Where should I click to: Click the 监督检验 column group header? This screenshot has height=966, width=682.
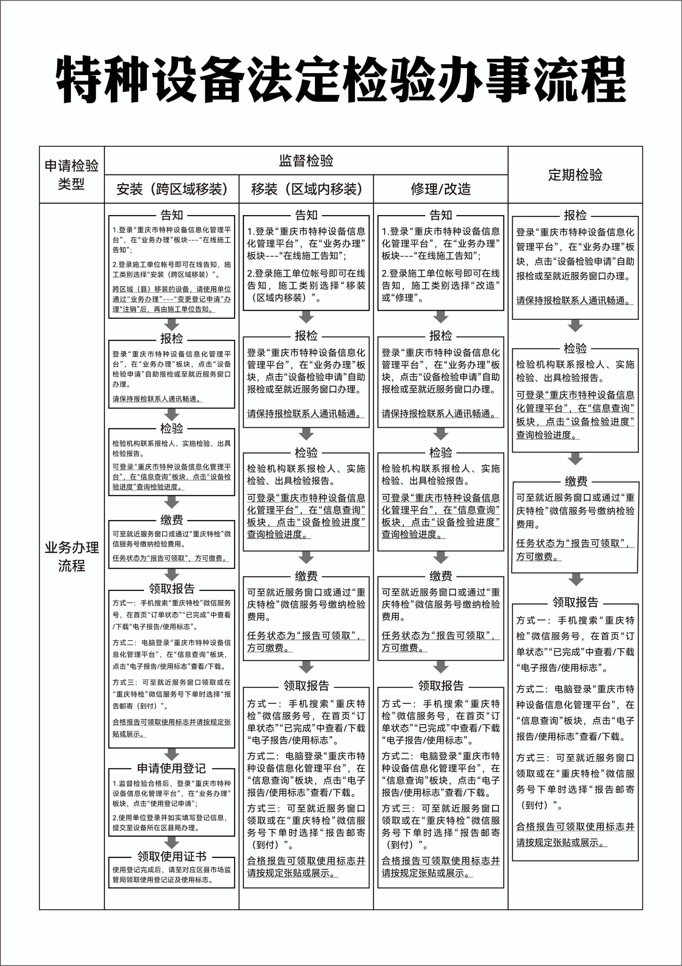[x=306, y=161]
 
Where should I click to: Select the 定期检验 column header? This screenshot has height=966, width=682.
[x=575, y=175]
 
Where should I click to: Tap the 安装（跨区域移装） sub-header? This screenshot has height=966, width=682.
[x=172, y=189]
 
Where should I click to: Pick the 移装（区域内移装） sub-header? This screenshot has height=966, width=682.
[x=306, y=189]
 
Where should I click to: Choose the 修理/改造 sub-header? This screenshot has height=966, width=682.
[x=440, y=189]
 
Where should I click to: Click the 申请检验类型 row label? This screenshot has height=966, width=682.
[x=72, y=175]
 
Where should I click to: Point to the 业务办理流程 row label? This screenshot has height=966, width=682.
[x=72, y=556]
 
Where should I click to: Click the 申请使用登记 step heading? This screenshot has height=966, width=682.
[x=172, y=768]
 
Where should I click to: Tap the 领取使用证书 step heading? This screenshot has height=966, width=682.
[x=172, y=856]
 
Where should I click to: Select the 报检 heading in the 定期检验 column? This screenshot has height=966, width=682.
[x=575, y=215]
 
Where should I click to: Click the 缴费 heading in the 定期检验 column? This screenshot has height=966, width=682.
[x=576, y=481]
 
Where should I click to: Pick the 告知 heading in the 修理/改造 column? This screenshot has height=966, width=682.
[x=440, y=215]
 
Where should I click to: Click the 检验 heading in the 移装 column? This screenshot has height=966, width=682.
[x=306, y=453]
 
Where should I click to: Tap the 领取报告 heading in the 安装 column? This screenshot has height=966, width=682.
[x=172, y=589]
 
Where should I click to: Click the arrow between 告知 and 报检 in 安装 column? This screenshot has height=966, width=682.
[x=172, y=325]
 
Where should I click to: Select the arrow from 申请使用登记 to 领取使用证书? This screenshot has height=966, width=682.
[x=172, y=842]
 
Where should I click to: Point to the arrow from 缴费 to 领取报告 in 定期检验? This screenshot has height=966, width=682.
[x=576, y=579]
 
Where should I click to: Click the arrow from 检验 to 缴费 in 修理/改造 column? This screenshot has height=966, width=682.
[x=440, y=557]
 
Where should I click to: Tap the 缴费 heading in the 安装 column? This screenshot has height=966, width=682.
[x=172, y=520]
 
